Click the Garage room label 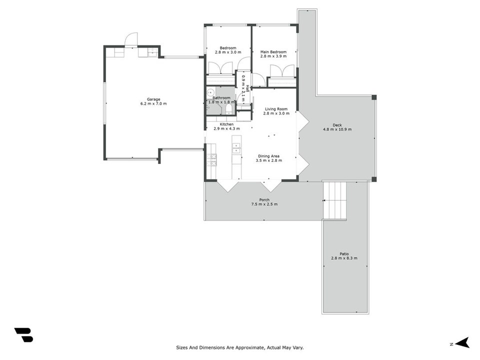pyautogui.click(x=153, y=99)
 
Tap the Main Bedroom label pyautogui.click(x=273, y=52)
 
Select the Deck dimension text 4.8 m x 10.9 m pyautogui.click(x=337, y=129)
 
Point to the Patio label pyautogui.click(x=344, y=254)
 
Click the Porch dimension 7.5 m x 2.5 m pyautogui.click(x=264, y=204)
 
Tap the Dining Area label pyautogui.click(x=268, y=156)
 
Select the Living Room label pyautogui.click(x=276, y=109)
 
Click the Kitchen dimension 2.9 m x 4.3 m pyautogui.click(x=226, y=128)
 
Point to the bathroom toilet pyautogui.click(x=228, y=109)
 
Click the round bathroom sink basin pyautogui.click(x=210, y=92)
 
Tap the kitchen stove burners pyautogui.click(x=211, y=160)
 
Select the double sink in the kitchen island pyautogui.click(x=236, y=148)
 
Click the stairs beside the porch pyautogui.click(x=334, y=200)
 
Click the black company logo pyautogui.click(x=23, y=335)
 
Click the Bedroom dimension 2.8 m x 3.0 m pyautogui.click(x=228, y=52)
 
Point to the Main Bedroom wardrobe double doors pyautogui.click(x=282, y=71)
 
